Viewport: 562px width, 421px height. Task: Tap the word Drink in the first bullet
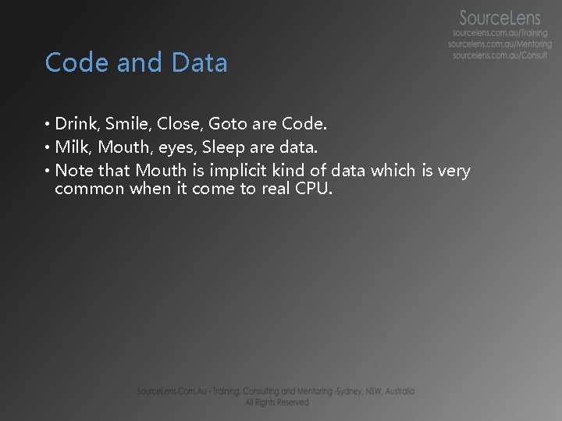coord(76,124)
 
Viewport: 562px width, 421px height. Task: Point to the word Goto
coord(229,124)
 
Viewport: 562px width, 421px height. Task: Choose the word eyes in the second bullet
coord(180,147)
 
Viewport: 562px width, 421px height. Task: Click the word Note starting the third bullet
coord(74,170)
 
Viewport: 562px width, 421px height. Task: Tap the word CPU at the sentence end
coord(313,189)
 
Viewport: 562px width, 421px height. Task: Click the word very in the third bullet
coord(454,171)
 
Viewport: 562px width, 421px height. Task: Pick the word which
coord(393,170)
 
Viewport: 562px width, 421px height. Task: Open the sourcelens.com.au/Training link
coord(500,34)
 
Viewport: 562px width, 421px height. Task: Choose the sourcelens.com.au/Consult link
coord(500,56)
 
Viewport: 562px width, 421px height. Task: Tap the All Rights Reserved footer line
coord(276,402)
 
